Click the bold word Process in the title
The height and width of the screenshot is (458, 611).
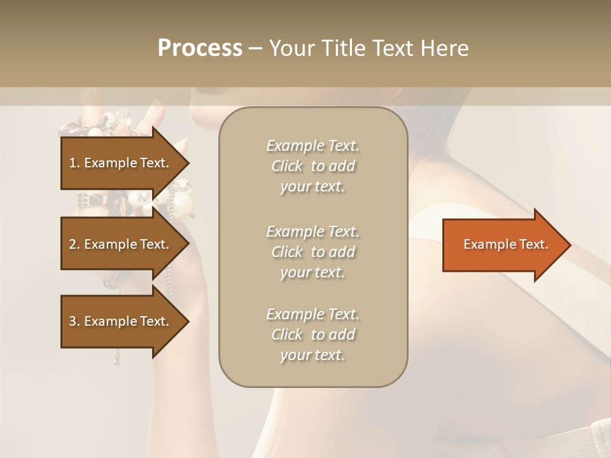pos(200,48)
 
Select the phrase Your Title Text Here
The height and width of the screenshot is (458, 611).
pos(369,48)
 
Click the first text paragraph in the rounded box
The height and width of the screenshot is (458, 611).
pos(313,166)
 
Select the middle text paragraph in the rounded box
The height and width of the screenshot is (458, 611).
pos(313,252)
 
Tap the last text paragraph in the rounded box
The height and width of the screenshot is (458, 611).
pos(313,335)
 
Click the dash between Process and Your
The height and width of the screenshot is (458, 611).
pos(256,48)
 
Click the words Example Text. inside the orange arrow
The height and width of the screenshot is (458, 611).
pos(505,245)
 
